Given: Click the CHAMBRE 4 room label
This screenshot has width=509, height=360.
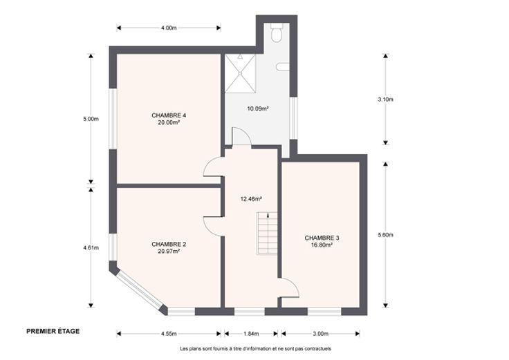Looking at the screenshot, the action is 169,115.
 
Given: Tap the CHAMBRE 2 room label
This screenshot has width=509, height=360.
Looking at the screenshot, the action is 169,244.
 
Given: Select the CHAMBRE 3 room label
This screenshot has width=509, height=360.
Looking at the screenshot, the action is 322,238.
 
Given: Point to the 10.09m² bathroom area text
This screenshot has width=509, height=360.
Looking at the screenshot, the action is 257,108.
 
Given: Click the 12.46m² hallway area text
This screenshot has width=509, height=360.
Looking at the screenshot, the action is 251,199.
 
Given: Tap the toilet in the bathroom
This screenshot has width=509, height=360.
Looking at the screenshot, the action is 277,32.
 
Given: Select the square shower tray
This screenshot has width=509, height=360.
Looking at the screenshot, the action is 240,74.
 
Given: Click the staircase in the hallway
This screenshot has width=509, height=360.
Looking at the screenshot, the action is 267,233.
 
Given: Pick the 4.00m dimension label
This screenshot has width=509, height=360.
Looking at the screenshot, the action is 169,28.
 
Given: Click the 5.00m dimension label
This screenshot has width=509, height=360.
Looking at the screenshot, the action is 91,119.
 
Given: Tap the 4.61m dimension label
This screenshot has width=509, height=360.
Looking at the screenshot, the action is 91,248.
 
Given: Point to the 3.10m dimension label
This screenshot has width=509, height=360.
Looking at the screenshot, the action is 385,100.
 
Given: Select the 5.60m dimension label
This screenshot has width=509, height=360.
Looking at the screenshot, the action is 385,235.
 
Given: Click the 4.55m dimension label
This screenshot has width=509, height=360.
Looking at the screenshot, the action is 169,334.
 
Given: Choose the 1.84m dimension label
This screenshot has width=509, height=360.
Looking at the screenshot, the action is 251,334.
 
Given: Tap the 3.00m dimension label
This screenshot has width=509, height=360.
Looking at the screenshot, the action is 320,334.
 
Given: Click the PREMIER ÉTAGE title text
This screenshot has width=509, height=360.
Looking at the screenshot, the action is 53,331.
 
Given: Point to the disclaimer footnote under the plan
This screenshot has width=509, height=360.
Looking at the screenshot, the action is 255,349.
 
